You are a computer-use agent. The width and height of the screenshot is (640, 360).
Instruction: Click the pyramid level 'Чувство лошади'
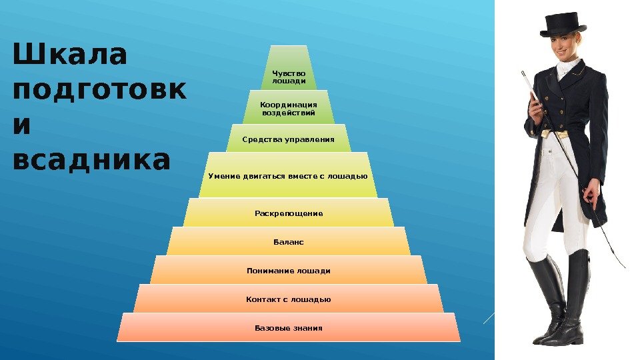pyautogui.click(x=289, y=77)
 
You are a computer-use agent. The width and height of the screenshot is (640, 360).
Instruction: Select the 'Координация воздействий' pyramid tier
pyautogui.click(x=288, y=108)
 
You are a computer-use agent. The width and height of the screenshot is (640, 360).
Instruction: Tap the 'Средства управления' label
pyautogui.click(x=288, y=139)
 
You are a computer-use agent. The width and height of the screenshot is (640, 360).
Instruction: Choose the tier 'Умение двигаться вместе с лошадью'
pyautogui.click(x=288, y=176)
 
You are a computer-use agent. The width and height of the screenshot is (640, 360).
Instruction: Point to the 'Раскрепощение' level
pyautogui.click(x=289, y=213)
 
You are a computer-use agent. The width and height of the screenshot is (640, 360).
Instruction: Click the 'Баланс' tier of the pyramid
pyautogui.click(x=289, y=241)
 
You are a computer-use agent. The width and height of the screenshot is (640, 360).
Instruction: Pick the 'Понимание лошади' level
pyautogui.click(x=289, y=271)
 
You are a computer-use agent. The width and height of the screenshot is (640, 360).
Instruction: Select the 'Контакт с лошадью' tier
pyautogui.click(x=289, y=299)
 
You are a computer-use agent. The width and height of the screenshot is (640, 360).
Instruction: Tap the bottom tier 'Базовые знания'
pyautogui.click(x=289, y=328)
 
